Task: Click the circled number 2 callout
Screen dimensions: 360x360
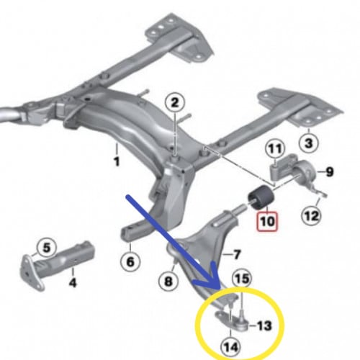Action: pos(175,103)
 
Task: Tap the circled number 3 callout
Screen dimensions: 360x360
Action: pos(309,143)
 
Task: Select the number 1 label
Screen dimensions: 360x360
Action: pos(117,162)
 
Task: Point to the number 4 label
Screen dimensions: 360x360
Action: pos(73,282)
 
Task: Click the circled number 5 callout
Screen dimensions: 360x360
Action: pos(47,248)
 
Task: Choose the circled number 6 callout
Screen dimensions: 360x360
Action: pos(130,261)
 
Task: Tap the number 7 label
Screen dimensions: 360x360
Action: pos(236,254)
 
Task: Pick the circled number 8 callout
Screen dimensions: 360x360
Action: pos(168,280)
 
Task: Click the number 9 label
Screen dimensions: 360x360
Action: pos(330,172)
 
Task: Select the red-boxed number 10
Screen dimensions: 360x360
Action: pos(267,222)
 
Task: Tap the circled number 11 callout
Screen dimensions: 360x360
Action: pos(275,149)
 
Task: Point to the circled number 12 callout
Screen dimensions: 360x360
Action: pos(311,216)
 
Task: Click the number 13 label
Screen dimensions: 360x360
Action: pos(264,325)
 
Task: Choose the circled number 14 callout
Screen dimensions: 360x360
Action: pos(231,347)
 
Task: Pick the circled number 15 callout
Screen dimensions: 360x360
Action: pos(242,279)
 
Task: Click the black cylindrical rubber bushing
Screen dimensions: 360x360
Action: pos(261,197)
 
